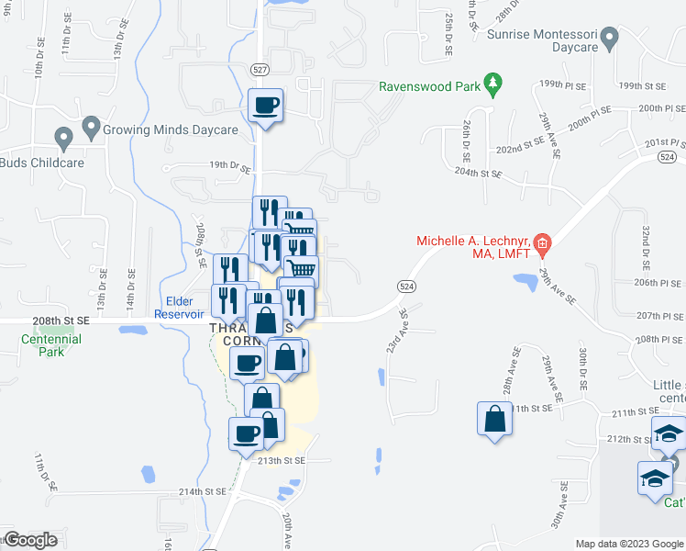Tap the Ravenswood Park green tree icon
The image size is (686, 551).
(493, 85)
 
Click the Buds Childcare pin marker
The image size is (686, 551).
(63, 140)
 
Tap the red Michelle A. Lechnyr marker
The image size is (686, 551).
(542, 243)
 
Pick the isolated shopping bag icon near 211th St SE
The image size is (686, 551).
(493, 418)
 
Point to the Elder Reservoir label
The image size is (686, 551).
(191, 308)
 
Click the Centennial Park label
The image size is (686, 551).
(51, 345)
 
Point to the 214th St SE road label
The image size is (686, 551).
(202, 492)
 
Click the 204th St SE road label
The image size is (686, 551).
(479, 173)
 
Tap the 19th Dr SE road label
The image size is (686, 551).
(229, 165)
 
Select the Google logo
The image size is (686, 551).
(30, 540)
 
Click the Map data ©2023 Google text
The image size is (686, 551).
(628, 544)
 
